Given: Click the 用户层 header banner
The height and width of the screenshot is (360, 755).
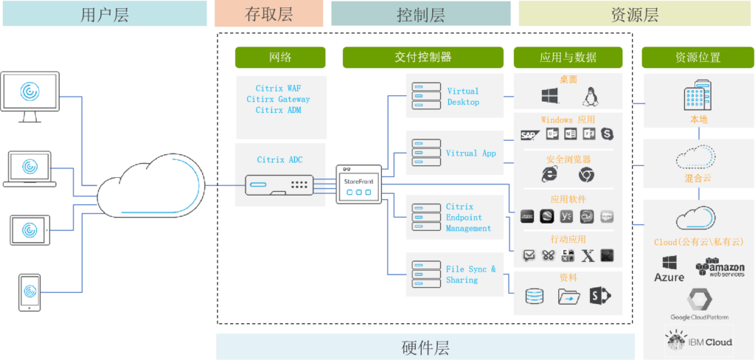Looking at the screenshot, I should [x=104, y=14].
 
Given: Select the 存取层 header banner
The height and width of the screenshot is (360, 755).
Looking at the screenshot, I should [x=269, y=14].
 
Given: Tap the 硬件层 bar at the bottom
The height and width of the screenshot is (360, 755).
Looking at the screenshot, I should [x=425, y=347].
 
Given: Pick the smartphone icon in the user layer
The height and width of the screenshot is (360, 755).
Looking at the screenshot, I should [x=29, y=292].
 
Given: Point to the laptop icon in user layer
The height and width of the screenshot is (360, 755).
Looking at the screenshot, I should [x=30, y=168].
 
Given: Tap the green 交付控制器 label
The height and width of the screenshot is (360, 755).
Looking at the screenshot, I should [x=418, y=58].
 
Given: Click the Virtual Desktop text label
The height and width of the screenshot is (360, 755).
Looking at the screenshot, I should [x=463, y=97].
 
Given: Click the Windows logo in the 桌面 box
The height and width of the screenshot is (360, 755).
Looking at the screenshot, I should [x=549, y=96].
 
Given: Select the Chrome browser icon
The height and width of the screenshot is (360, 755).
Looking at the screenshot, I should [x=586, y=175].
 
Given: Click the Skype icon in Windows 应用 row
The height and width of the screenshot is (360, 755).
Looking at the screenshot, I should [x=608, y=134].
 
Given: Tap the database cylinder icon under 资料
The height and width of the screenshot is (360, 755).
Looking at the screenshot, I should [x=534, y=297].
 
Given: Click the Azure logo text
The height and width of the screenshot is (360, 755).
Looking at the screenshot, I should [x=669, y=277].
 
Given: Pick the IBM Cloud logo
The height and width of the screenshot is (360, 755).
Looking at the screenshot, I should [x=698, y=341].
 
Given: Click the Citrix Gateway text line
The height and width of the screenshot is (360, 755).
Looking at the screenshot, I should [x=278, y=99].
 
